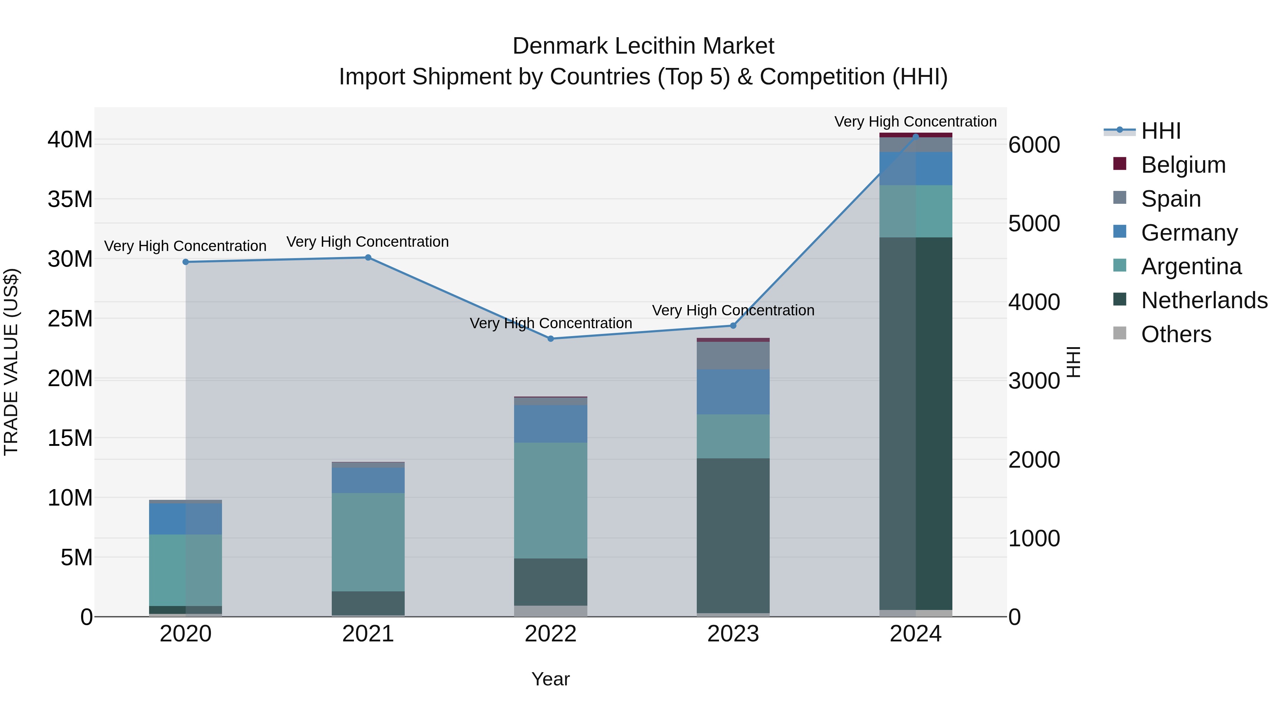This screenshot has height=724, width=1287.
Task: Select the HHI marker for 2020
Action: [x=185, y=262]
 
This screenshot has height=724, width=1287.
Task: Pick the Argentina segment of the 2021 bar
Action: [x=368, y=542]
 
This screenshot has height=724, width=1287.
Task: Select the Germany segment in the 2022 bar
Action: [x=551, y=424]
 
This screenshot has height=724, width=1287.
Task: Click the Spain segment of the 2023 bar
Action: [x=733, y=355]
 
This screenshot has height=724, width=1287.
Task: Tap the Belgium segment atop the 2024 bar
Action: [x=915, y=135]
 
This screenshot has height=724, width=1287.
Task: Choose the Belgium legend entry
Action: [x=1183, y=165]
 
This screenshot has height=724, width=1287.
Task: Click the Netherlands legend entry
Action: [x=1204, y=300]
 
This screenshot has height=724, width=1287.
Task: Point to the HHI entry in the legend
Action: [x=1160, y=131]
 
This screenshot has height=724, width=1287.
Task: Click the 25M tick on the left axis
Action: [x=70, y=319]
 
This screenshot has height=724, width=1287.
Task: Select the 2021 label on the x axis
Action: [x=368, y=634]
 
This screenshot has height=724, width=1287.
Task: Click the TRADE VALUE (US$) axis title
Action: [x=11, y=362]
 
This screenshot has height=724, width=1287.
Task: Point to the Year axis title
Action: [x=550, y=679]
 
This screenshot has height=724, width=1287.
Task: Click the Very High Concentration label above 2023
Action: [x=733, y=310]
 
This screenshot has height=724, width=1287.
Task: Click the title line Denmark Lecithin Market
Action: [x=643, y=46]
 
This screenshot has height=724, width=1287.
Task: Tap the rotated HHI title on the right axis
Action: [x=1073, y=362]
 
